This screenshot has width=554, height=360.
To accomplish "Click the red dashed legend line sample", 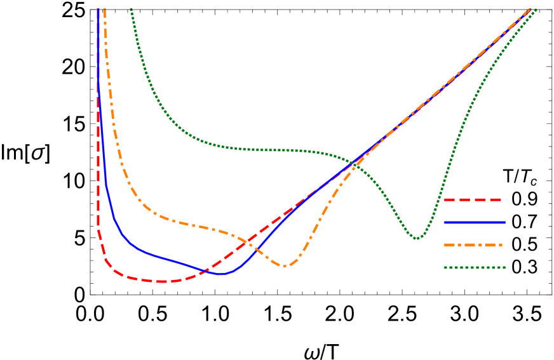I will click(473, 200).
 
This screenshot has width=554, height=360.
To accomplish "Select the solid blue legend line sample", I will click(474, 223).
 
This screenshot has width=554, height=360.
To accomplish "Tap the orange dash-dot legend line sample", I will click(473, 245).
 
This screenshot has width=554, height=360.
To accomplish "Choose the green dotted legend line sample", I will click(474, 268).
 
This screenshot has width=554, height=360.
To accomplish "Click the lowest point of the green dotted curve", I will click(417, 238).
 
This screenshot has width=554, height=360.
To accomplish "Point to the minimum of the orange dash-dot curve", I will click(285, 266).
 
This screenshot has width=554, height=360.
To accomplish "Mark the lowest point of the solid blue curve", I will click(221, 274).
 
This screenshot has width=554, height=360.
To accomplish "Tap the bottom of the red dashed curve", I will click(162, 281).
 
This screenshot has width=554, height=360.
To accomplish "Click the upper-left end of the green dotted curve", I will click(131, 9).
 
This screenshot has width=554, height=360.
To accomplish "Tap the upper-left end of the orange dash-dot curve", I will click(104, 9).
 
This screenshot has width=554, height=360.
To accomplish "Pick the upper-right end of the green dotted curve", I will click(536, 10).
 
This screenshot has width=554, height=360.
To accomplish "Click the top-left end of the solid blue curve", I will click(97, 9).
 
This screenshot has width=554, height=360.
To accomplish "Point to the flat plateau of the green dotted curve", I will click(267, 150).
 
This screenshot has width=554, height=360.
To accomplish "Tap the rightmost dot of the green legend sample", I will click(504, 268).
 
